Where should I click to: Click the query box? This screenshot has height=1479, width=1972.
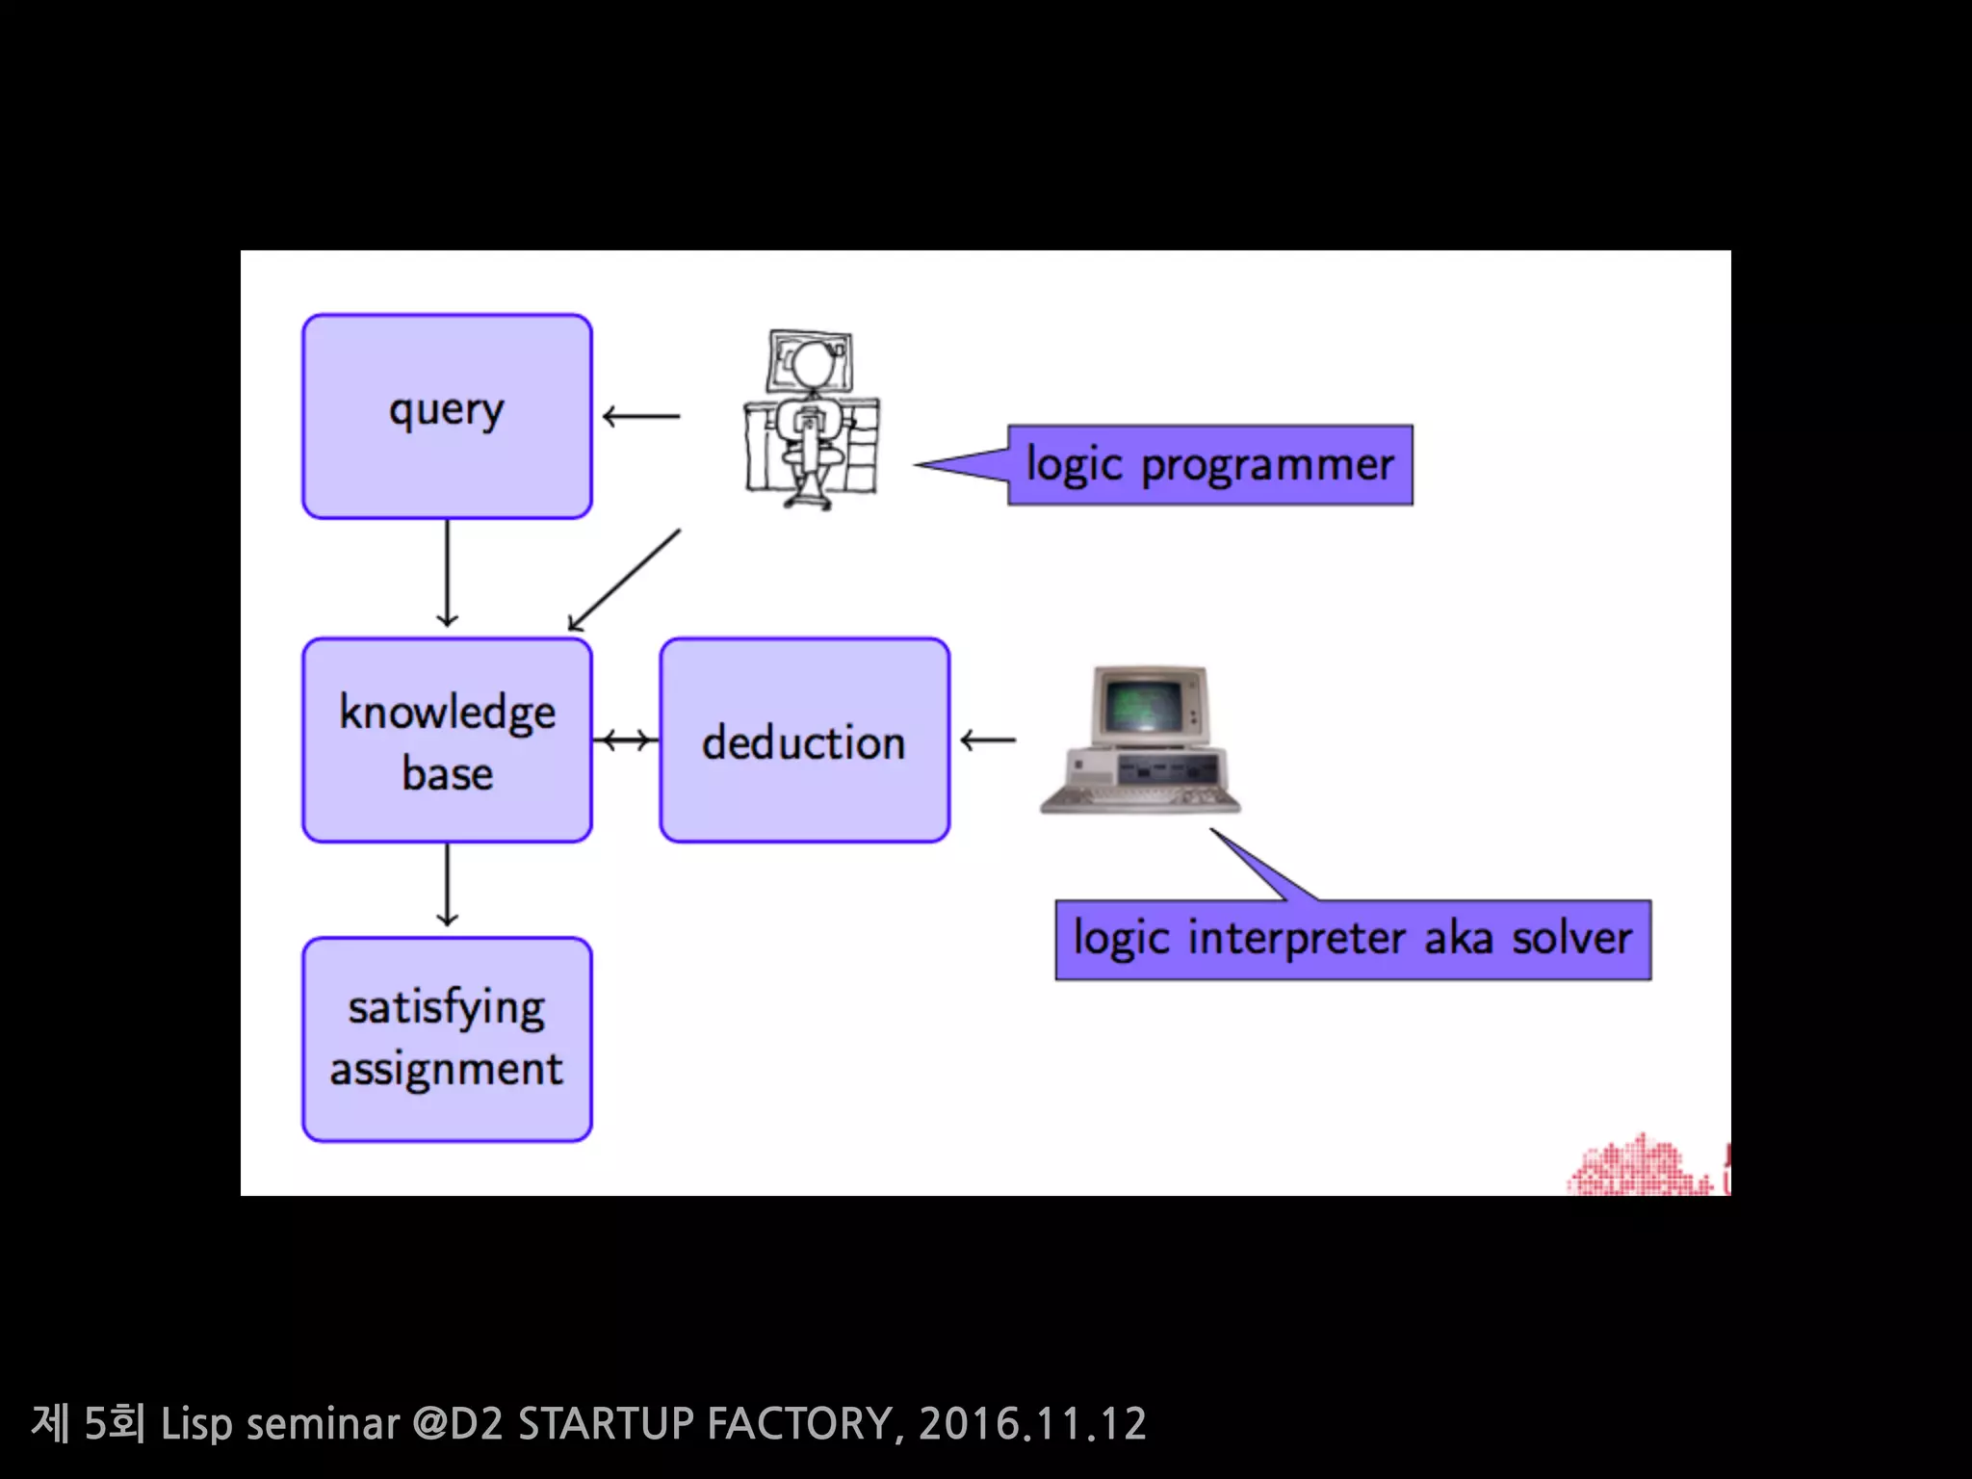pos(447,416)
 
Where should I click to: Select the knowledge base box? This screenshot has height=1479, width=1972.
pos(447,740)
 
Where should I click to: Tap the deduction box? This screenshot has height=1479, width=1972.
pos(805,740)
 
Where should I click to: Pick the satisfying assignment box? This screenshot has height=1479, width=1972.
pos(447,1040)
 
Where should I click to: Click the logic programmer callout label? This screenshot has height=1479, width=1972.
pos(1209,465)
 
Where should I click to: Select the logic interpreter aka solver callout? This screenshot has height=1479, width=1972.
pos(1352,940)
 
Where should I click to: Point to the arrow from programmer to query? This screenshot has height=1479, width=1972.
pos(641,416)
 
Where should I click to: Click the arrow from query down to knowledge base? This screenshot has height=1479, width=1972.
pos(447,574)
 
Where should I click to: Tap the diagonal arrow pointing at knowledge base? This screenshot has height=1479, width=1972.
pos(624,580)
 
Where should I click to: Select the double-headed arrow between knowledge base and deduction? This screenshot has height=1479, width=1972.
pos(626,740)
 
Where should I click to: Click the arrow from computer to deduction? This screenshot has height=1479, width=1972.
pos(988,740)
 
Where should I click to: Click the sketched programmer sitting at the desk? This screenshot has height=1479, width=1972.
pos(811,420)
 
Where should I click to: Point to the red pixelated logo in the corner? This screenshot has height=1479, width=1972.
pos(1647,1167)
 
